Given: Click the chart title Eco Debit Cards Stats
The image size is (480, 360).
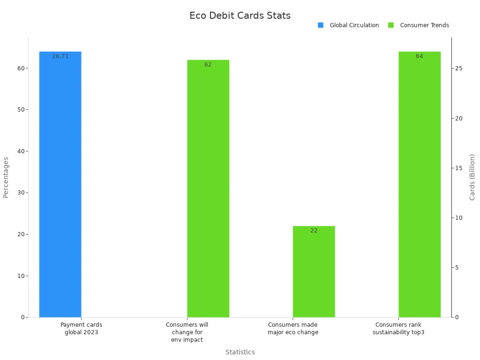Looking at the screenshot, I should pos(240,15).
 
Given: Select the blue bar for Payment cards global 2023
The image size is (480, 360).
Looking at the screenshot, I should pos(60,187).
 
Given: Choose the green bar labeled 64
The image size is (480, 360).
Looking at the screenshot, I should pos(420,187).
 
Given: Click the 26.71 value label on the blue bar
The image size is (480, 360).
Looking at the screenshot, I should pos(60,56).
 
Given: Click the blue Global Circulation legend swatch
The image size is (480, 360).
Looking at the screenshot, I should pos(321,25).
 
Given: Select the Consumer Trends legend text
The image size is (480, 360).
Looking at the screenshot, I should pos(424,25).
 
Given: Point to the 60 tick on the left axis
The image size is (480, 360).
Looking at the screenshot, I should pos(21,68).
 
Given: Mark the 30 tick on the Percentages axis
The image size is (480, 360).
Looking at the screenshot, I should pos(21,193).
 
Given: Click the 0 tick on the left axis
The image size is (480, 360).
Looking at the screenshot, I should pos(22,317).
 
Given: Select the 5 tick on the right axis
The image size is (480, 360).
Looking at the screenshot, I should pos(457,268).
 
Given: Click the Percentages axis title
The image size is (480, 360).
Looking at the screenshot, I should pos(6,177).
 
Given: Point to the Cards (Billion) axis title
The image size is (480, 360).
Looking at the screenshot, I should pos(472,177).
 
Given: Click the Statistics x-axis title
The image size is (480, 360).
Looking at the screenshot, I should pos(240,352).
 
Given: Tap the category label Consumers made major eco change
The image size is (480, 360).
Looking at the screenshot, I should pos(293,328).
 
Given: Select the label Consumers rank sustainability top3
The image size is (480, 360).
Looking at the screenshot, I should pos(398,328).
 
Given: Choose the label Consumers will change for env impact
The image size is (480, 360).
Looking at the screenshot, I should pos(187,332).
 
